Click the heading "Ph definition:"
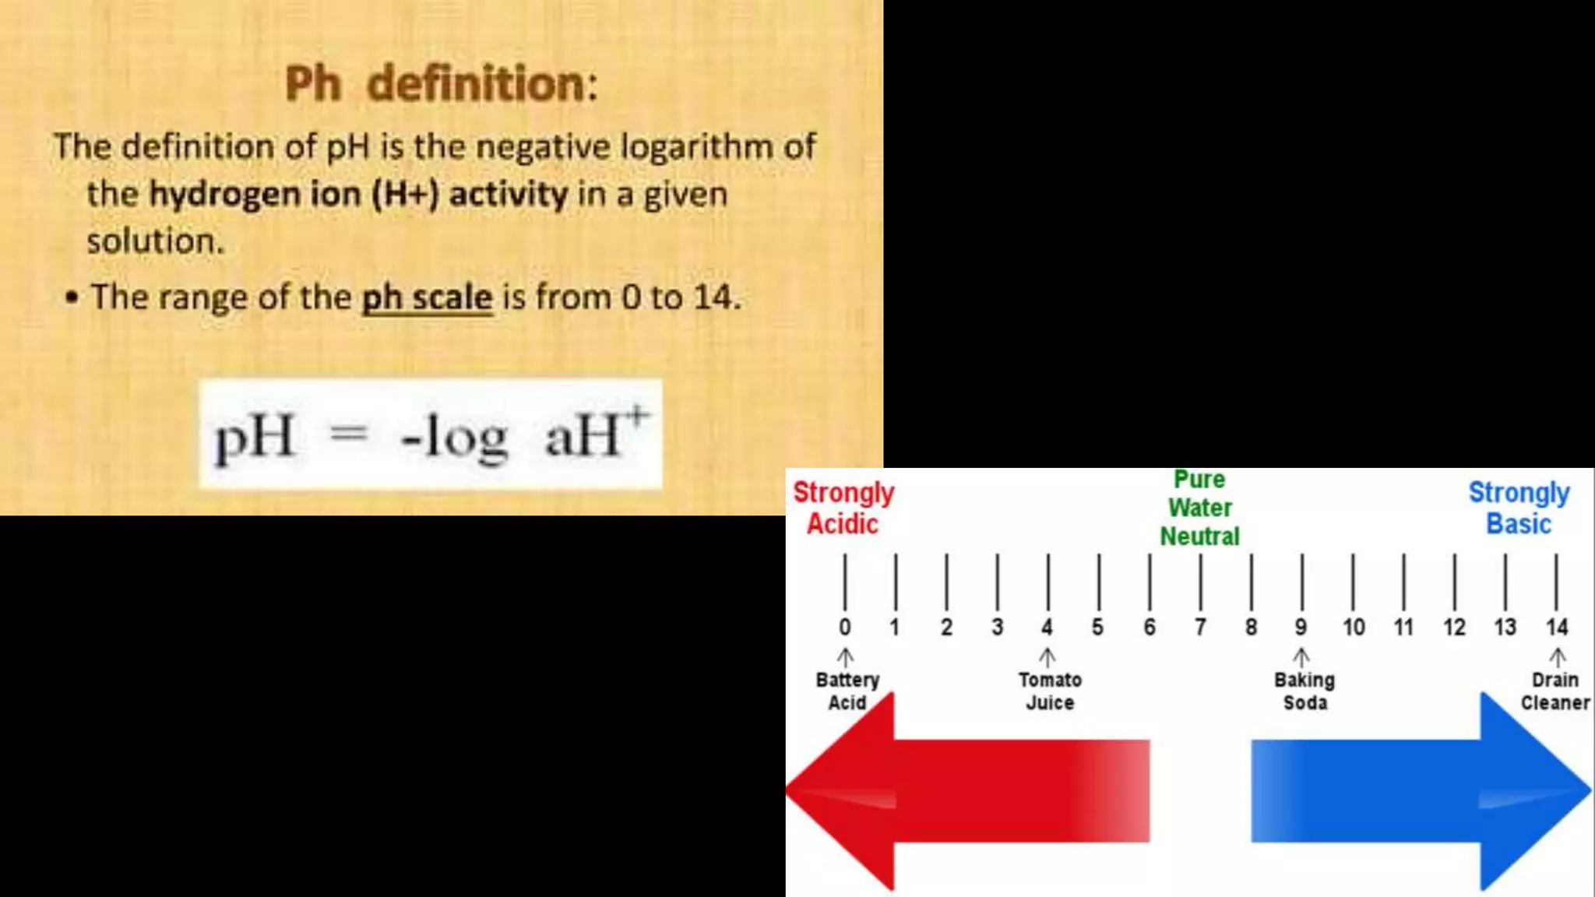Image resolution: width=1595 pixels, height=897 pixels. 441,84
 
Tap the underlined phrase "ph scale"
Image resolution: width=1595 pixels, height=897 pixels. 427,297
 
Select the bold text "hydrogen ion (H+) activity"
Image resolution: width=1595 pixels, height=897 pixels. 358,194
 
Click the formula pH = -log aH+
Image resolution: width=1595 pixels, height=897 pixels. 431,434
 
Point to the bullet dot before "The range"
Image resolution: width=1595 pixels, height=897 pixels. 72,297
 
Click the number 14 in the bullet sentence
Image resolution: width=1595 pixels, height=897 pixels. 713,297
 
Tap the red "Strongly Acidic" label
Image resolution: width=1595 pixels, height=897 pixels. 843,508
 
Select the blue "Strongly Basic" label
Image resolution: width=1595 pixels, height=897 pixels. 1519,508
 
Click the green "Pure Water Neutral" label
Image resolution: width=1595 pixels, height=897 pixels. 1200,508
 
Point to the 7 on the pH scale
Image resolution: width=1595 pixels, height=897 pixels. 1200,627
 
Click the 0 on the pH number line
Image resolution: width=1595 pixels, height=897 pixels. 845,627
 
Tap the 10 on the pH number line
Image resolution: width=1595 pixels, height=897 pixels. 1353,627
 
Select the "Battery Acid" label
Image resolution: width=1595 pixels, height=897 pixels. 847,691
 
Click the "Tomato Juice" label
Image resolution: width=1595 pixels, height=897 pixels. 1050,691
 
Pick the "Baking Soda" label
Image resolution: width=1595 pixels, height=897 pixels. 1305,691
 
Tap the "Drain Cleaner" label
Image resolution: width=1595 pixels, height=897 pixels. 1555,691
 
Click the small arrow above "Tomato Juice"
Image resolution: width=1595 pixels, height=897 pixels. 1047,657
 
